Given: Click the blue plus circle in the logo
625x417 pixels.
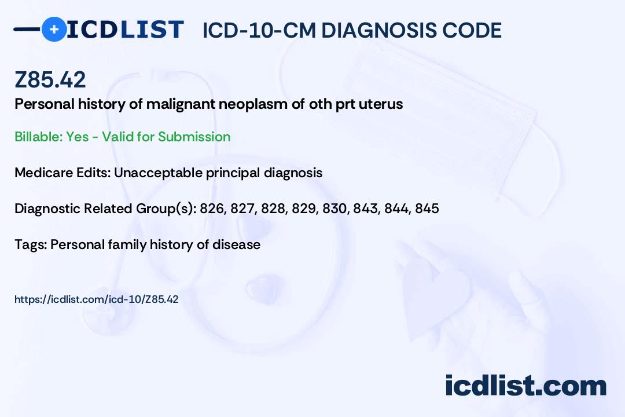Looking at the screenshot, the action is tap(54, 29).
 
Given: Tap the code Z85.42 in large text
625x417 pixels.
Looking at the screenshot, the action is tap(50, 79).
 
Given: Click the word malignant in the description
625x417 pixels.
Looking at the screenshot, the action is tap(181, 104).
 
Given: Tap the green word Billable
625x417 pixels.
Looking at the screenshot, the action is tap(38, 137).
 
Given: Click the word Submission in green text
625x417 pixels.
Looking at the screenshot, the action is tap(194, 137).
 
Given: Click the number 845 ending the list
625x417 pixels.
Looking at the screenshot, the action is tap(427, 209).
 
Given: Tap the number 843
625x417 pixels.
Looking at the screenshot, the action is tap(366, 209).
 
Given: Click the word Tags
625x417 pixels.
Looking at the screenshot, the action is tap(31, 244).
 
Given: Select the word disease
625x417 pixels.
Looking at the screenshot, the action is tap(236, 244).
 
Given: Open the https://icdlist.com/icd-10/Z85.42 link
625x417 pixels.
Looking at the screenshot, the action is tap(97, 299).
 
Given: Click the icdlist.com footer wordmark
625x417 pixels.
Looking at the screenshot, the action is tap(525, 385).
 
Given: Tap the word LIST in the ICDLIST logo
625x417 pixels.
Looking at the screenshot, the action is tap(152, 30).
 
